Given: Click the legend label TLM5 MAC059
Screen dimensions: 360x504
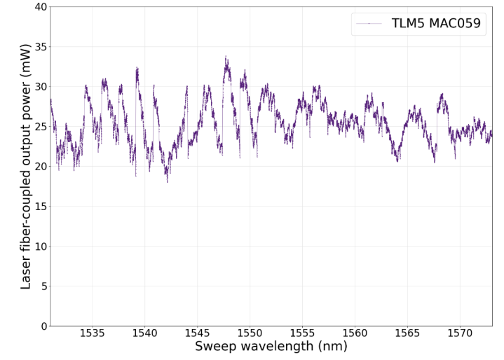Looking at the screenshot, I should click(x=436, y=24).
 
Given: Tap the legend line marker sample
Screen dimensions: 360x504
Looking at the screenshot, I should click(x=369, y=24).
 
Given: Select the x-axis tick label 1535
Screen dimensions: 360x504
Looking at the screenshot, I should click(x=92, y=334).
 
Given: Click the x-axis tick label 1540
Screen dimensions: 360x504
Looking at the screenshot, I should click(x=144, y=334).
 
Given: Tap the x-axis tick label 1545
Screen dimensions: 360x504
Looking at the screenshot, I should click(x=197, y=334).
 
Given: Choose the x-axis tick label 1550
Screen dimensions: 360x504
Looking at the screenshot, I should click(x=250, y=334).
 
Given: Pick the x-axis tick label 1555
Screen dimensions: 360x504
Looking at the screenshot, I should click(x=302, y=334).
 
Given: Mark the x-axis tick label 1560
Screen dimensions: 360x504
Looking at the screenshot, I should click(x=355, y=334).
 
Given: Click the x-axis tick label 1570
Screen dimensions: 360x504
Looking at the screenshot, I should click(x=460, y=334).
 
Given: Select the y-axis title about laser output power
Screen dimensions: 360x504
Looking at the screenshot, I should click(x=26, y=166).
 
